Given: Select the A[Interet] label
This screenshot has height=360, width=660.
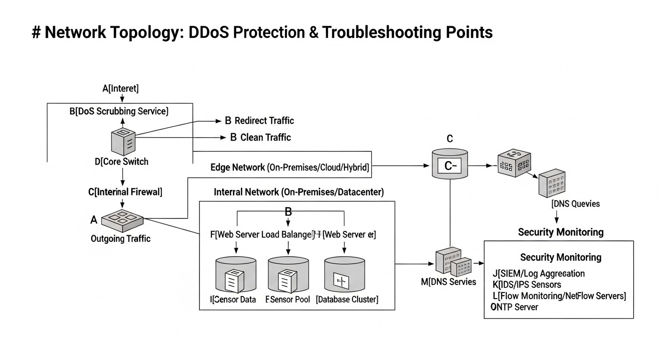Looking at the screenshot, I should point(120,88).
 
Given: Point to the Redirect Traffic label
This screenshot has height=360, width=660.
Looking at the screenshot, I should point(259,120).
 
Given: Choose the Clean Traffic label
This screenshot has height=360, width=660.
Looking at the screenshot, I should point(260,137).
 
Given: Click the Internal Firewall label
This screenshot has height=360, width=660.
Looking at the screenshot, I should point(125,191).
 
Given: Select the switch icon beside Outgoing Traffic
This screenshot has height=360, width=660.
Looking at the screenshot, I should point(121,219).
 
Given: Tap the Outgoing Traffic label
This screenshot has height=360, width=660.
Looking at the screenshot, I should point(120,239).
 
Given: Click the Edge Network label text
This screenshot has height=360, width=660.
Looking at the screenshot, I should point(290,168).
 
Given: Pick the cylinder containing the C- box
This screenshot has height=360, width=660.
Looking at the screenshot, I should point(450,163).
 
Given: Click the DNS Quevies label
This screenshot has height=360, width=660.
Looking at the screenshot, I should point(575,204).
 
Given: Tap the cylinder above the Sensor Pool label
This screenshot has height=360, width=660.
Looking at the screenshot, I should point(288,275).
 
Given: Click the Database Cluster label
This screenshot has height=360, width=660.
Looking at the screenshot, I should point(347,299).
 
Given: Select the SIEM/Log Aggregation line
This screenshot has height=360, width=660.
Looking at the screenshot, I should point(539,273).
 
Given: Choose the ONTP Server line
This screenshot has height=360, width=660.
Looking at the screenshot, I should point(514,307).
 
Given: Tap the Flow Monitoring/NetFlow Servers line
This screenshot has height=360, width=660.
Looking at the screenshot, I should point(559,296).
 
